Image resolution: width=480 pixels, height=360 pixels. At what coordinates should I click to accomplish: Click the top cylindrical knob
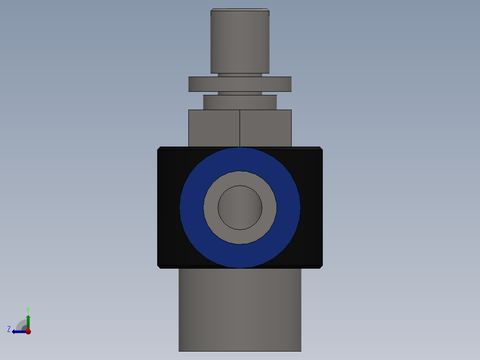(x=240, y=42)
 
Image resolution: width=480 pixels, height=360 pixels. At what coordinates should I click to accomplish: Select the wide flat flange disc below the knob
(x=240, y=84)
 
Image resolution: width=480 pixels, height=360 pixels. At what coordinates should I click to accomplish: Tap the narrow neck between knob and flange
(x=240, y=75)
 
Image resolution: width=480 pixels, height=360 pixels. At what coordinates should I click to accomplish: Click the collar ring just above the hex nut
(x=240, y=102)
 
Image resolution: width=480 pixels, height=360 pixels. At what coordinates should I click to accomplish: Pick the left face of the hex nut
(x=214, y=128)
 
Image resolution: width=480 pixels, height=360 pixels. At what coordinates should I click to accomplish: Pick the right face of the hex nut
(x=265, y=128)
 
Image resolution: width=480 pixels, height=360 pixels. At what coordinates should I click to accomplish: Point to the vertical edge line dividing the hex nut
(x=240, y=128)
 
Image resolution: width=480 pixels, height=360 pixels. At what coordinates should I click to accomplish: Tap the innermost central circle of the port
(x=240, y=208)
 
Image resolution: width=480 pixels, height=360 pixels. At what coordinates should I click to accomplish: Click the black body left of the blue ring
(x=168, y=208)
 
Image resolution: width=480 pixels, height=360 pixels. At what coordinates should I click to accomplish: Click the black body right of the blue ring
(x=311, y=208)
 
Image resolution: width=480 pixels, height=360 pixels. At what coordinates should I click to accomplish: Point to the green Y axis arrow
(x=28, y=320)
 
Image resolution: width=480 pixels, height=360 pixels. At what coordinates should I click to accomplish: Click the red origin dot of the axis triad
(x=28, y=331)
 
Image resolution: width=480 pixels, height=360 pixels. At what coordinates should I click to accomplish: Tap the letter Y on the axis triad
(x=28, y=309)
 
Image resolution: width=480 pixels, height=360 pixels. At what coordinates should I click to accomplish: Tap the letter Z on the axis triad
(x=9, y=329)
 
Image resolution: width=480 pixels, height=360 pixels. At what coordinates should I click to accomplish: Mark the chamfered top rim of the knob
(x=240, y=10)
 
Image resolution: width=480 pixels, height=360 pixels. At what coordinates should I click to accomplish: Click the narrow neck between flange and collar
(x=240, y=93)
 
